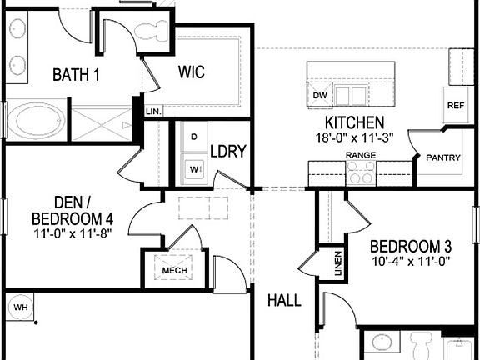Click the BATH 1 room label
76,75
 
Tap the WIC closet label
192,72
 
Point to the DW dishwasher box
320,96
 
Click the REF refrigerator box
455,106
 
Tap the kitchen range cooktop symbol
361,172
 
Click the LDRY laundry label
227,152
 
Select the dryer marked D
193,136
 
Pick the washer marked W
194,168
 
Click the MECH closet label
173,271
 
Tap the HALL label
283,300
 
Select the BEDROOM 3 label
411,247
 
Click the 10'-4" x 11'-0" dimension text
411,261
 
